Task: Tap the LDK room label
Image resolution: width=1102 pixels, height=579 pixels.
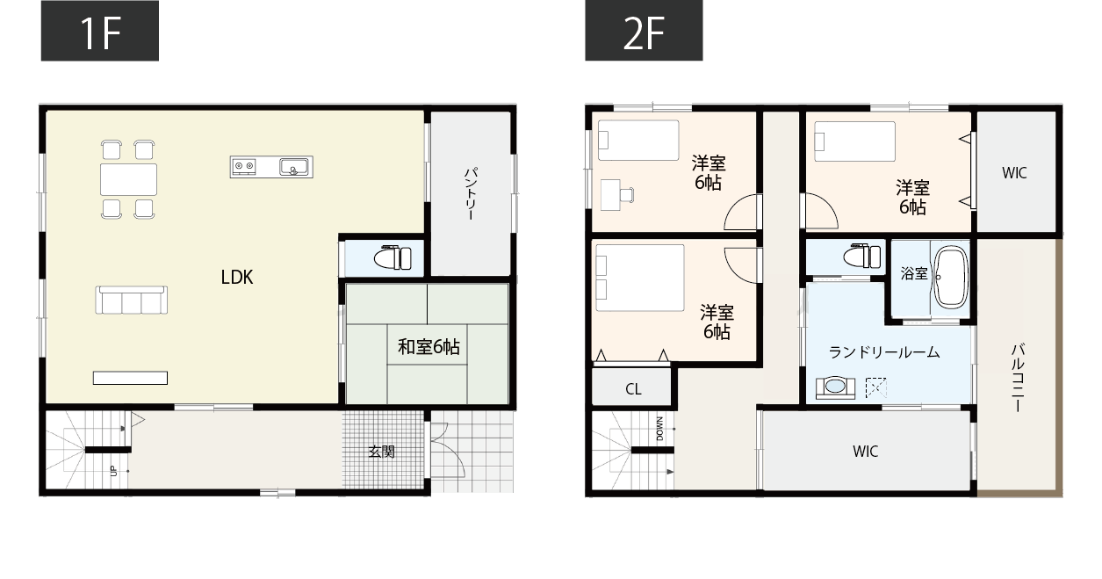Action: pos(237,277)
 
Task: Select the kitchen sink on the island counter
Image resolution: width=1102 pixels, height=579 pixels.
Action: pos(294,167)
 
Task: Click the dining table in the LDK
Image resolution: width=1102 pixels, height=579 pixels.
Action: pos(128,180)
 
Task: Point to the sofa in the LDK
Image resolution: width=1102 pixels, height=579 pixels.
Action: pos(132,300)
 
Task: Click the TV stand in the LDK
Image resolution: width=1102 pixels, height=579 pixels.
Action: pos(130,378)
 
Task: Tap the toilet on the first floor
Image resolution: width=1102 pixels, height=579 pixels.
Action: pos(393,258)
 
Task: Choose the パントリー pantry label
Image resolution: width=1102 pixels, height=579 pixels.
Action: pos(471,194)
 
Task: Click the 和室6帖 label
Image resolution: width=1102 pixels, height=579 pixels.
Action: pos(429,347)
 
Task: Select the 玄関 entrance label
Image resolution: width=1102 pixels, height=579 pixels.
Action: pos(382,452)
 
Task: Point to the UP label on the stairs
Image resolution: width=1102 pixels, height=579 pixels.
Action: pos(114,471)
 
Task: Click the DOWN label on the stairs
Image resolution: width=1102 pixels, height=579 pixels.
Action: pos(659,429)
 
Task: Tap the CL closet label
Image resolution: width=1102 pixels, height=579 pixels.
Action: pos(633,389)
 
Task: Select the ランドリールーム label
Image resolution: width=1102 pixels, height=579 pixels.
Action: pos(884,352)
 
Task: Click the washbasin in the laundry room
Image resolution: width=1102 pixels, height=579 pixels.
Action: pos(835,387)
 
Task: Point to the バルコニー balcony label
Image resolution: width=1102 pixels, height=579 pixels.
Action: pos(1018,378)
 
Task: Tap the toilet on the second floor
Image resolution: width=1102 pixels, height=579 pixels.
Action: pos(862,257)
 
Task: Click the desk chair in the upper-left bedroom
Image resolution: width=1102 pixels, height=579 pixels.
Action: pos(627,195)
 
